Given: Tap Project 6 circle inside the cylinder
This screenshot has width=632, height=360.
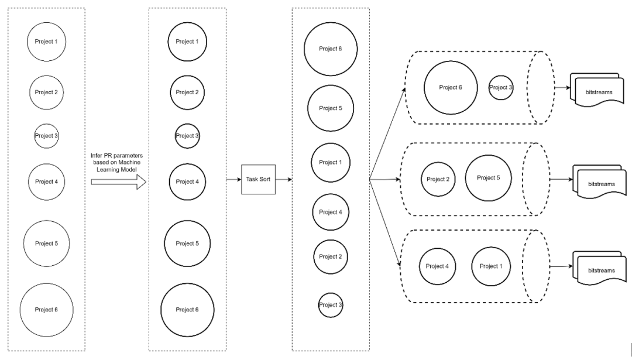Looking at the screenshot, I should (451, 87).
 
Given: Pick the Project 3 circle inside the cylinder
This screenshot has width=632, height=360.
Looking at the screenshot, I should (501, 87).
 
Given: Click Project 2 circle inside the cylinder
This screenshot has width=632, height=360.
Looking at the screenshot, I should (438, 179).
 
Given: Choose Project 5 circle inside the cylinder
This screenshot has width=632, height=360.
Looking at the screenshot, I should (489, 177).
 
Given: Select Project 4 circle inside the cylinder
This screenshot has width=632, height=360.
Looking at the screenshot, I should (437, 266).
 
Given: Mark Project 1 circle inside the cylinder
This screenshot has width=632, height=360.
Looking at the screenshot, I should (490, 266).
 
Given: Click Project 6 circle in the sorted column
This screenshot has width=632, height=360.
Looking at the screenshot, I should (330, 50).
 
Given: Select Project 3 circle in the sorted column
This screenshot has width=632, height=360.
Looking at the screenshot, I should (330, 304).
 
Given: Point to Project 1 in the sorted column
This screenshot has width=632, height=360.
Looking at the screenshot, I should (330, 162).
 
